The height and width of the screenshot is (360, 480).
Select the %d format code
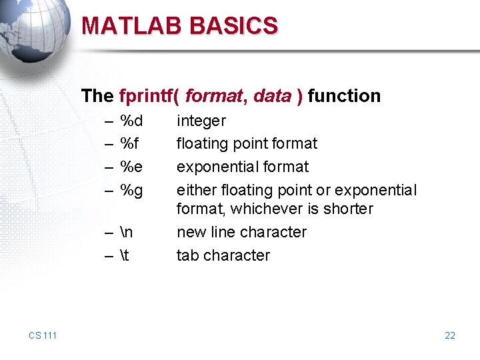click(x=131, y=121)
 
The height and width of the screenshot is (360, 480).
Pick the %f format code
click(x=129, y=144)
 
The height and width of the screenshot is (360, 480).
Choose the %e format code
click(x=131, y=167)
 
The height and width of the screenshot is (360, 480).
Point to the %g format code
click(x=131, y=191)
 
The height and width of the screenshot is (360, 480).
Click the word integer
click(x=201, y=121)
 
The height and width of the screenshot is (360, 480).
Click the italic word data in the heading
click(x=272, y=96)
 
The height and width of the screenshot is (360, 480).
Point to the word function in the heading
click(x=344, y=96)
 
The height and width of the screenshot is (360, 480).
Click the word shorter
click(x=348, y=209)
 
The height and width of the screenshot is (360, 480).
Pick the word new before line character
click(x=189, y=233)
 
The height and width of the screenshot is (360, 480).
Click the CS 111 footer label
click(x=43, y=335)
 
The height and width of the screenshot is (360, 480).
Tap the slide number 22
click(x=450, y=335)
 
